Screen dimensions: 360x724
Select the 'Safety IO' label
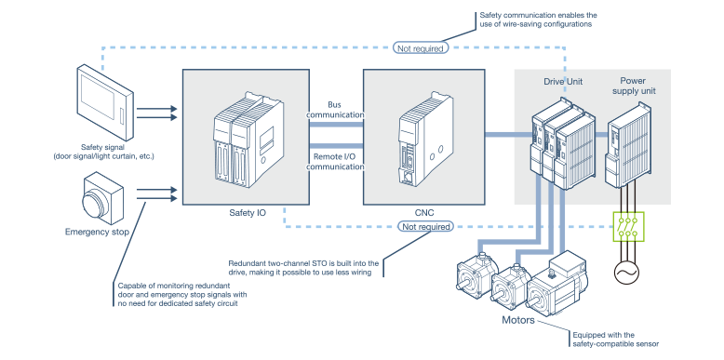pyautogui.click(x=248, y=213)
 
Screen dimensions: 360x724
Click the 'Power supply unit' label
pyautogui.click(x=633, y=87)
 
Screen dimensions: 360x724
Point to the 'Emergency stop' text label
pyautogui.click(x=96, y=232)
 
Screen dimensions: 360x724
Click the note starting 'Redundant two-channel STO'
pyautogui.click(x=303, y=268)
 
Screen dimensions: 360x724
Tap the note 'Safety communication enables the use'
pyautogui.click(x=538, y=20)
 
